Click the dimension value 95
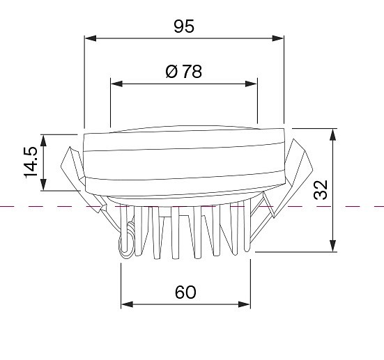[184, 26]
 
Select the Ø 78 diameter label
[184, 72]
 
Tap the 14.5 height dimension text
[31, 162]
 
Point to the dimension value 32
[321, 190]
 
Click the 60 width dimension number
[185, 292]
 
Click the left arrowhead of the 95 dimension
[90, 38]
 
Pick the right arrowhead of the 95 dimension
[278, 38]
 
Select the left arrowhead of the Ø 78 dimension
[116, 84]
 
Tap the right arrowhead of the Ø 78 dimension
[251, 84]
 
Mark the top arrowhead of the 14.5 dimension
[43, 141]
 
